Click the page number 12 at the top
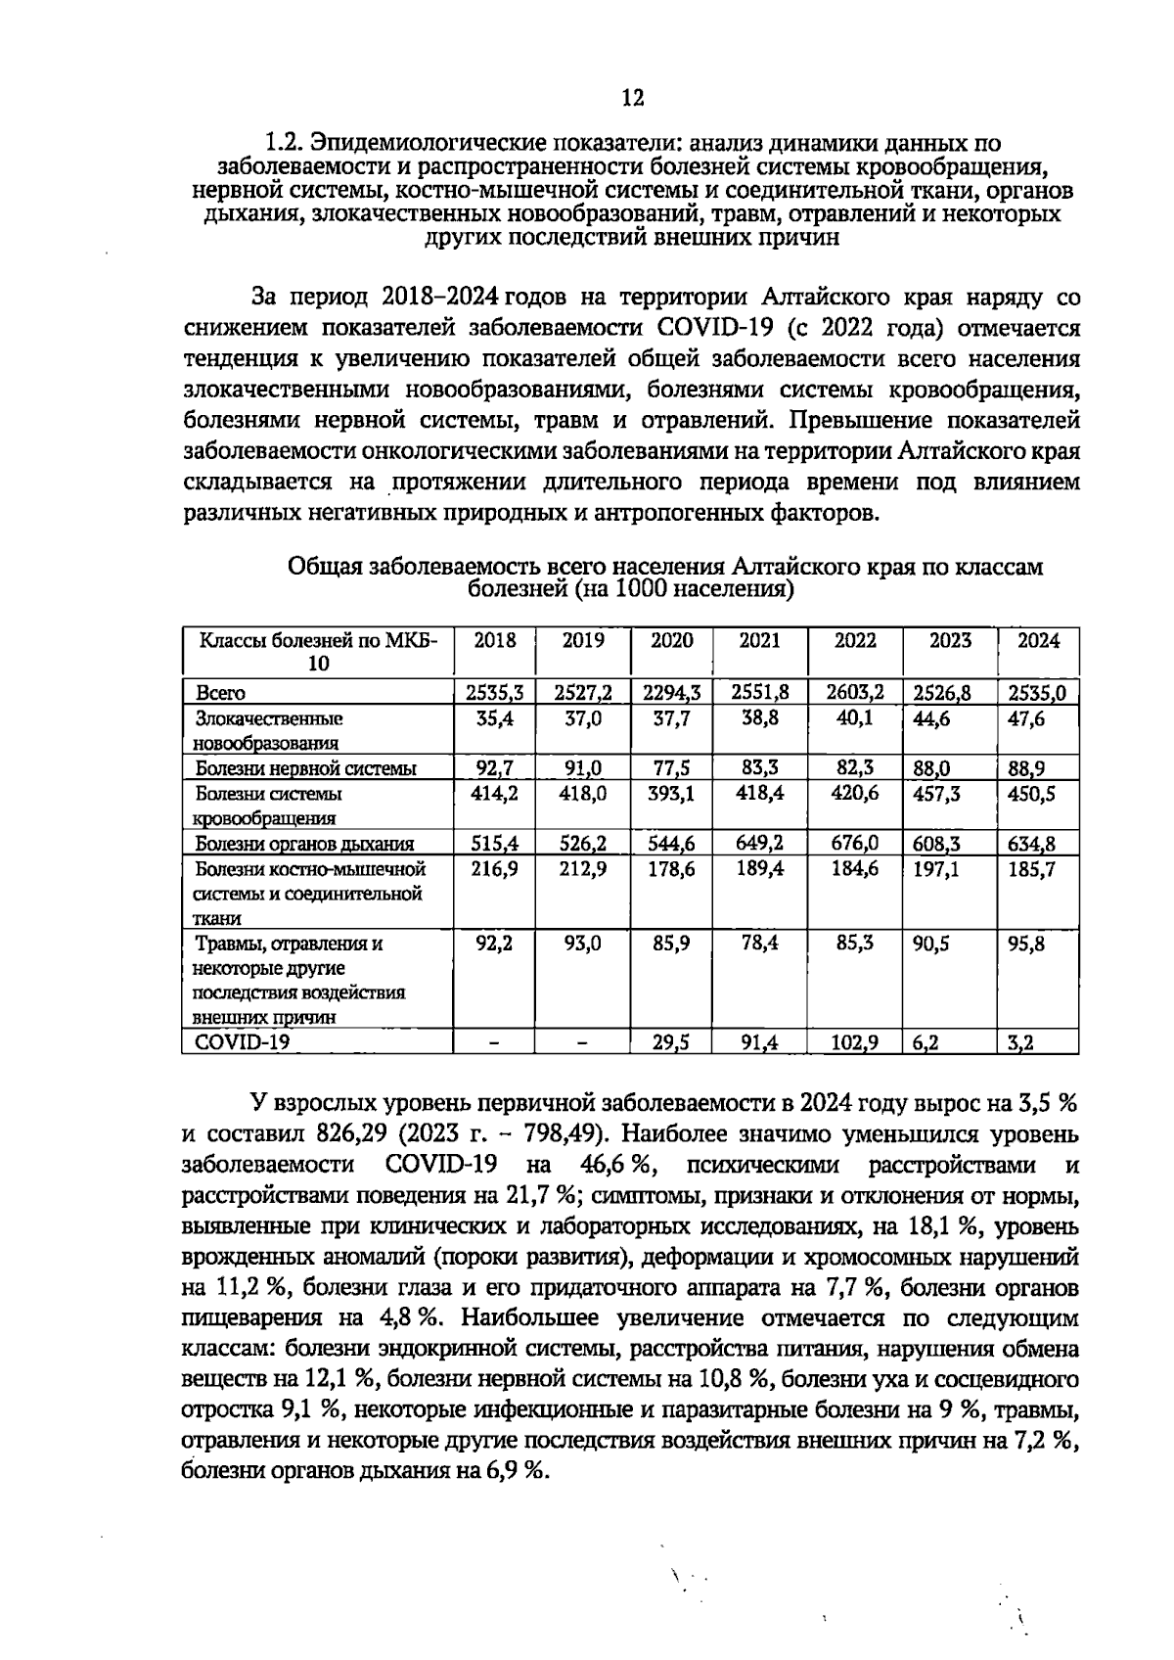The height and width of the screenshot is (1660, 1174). pyautogui.click(x=632, y=98)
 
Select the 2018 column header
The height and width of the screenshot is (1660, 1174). pyautogui.click(x=494, y=641)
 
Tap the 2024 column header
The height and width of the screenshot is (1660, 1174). pyautogui.click(x=1038, y=641)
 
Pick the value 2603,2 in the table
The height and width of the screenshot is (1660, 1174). pyautogui.click(x=855, y=693)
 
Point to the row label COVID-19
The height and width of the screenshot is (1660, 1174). pyautogui.click(x=243, y=1042)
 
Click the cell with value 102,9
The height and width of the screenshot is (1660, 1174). pyautogui.click(x=854, y=1043)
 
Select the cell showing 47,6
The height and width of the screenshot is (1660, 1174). pyautogui.click(x=1027, y=718)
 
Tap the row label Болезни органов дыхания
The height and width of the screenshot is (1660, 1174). pyautogui.click(x=304, y=844)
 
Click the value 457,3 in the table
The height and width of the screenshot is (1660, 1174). pyautogui.click(x=936, y=794)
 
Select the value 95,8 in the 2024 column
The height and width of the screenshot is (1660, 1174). pyautogui.click(x=1027, y=945)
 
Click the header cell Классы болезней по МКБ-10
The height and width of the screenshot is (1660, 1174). pyautogui.click(x=319, y=652)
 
